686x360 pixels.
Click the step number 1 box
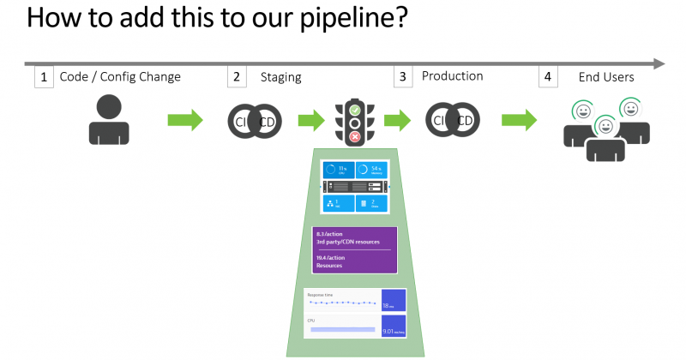pyautogui.click(x=44, y=77)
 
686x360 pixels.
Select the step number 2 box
pyautogui.click(x=237, y=77)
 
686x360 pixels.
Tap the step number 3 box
pyautogui.click(x=402, y=77)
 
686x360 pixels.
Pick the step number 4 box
pyautogui.click(x=547, y=77)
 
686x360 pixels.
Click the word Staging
pyautogui.click(x=280, y=77)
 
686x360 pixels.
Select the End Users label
pyautogui.click(x=606, y=77)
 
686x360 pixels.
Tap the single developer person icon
pyautogui.click(x=109, y=120)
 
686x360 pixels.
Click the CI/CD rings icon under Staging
pyautogui.click(x=255, y=121)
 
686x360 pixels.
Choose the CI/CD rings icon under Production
pyautogui.click(x=454, y=121)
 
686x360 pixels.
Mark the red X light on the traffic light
pyautogui.click(x=354, y=136)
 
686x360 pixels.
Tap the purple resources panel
pyautogui.click(x=354, y=250)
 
